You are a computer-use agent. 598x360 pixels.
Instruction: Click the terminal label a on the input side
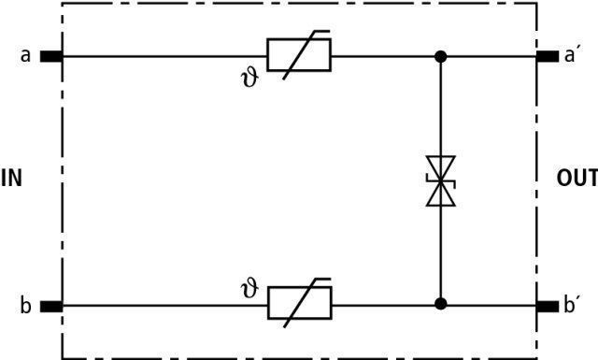25,56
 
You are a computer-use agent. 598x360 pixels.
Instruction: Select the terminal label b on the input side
25,306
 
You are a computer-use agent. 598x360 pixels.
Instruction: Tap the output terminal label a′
570,55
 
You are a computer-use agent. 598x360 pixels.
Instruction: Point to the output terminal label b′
570,305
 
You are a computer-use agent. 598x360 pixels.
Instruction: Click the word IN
11,179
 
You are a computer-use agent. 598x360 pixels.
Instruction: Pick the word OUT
577,179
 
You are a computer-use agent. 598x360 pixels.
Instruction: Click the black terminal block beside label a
51,56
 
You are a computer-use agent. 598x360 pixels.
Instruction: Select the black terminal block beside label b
51,306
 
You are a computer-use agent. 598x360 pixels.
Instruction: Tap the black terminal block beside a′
548,56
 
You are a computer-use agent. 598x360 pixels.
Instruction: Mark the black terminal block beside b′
548,306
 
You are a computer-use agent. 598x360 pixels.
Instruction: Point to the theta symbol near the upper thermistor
250,79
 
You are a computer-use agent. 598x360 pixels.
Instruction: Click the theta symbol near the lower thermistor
250,289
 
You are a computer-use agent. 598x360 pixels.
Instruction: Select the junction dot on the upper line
440,56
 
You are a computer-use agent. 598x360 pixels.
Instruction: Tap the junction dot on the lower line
440,304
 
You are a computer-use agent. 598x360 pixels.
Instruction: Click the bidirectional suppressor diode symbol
440,180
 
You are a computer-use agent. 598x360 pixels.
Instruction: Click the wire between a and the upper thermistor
164,56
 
